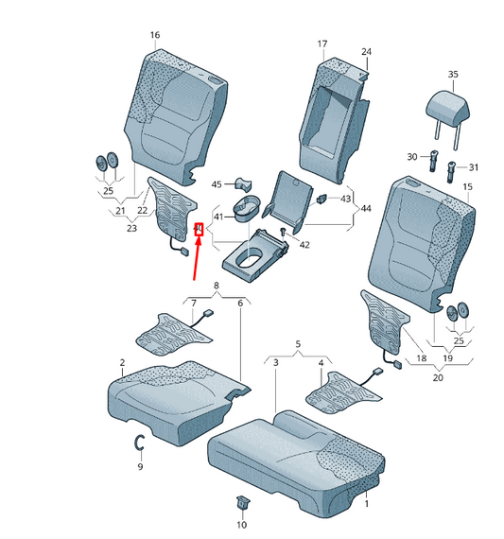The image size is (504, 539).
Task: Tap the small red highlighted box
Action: (x=199, y=228)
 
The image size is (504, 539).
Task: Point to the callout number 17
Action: (x=322, y=44)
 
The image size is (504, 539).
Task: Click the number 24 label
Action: (x=366, y=51)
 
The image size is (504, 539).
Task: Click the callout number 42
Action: (x=304, y=245)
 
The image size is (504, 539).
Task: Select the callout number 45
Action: (x=217, y=184)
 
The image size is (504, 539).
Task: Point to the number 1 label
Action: (x=366, y=505)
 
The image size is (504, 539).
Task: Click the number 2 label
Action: (x=122, y=363)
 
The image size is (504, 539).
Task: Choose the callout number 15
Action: (x=466, y=187)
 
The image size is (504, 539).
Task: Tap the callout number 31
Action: (x=474, y=167)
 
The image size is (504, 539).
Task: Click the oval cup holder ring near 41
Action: (x=248, y=205)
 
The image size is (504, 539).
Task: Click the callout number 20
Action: (x=437, y=377)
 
